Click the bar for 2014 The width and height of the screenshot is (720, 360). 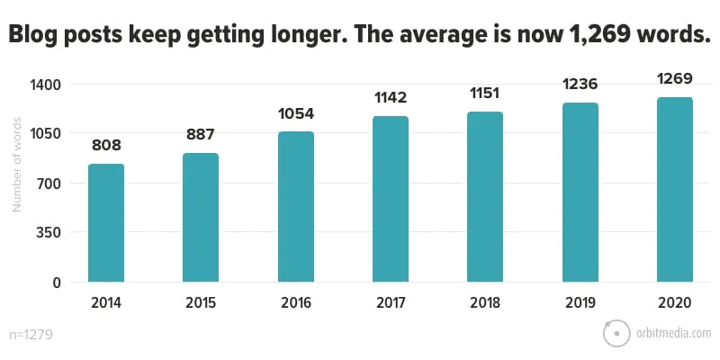[105, 223]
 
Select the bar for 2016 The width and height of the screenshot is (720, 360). [295, 207]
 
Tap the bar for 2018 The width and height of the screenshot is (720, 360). [485, 197]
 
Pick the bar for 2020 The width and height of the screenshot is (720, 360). [675, 190]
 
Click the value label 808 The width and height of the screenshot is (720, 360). [105, 145]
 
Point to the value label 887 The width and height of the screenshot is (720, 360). [200, 134]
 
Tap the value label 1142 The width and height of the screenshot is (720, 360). [390, 97]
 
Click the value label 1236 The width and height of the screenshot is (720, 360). [580, 84]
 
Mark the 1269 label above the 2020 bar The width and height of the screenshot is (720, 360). [675, 78]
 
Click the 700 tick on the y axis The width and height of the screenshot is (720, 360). [49, 184]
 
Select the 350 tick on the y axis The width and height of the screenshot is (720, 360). [49, 233]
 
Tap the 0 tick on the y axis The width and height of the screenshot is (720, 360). [56, 283]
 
